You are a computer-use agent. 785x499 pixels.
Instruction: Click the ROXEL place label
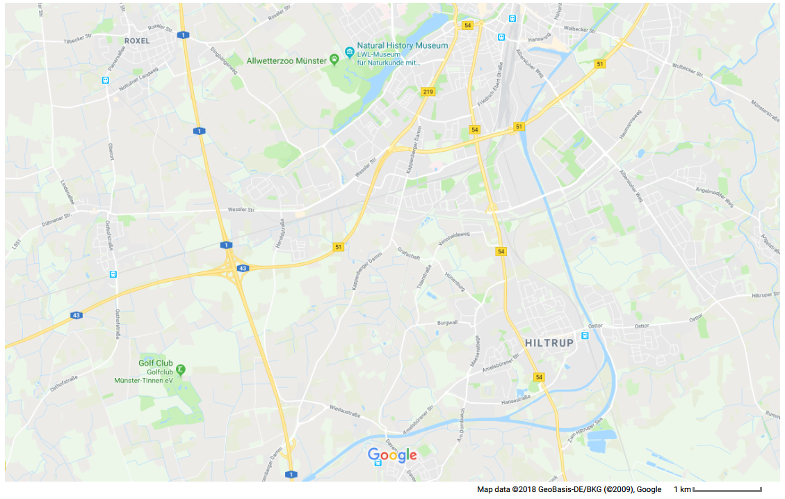click(x=137, y=41)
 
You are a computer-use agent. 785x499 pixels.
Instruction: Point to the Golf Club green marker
click(x=181, y=370)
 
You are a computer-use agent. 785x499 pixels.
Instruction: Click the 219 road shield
click(x=428, y=91)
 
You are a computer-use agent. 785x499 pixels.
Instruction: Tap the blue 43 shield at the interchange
click(x=242, y=268)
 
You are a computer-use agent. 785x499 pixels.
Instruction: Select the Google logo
click(x=392, y=456)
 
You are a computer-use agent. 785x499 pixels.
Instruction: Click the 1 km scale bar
click(x=727, y=490)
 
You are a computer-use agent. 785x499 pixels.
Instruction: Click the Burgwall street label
click(x=446, y=323)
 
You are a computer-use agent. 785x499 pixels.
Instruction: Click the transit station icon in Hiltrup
click(x=585, y=335)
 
